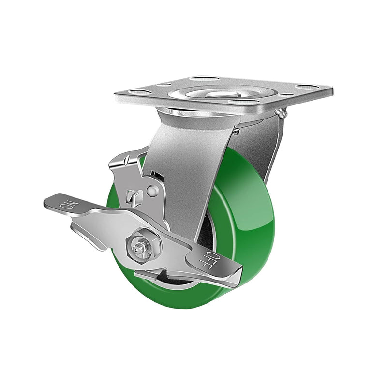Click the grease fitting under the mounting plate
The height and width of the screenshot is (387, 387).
point(283,113)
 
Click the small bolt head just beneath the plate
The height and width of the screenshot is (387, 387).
point(236,131)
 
